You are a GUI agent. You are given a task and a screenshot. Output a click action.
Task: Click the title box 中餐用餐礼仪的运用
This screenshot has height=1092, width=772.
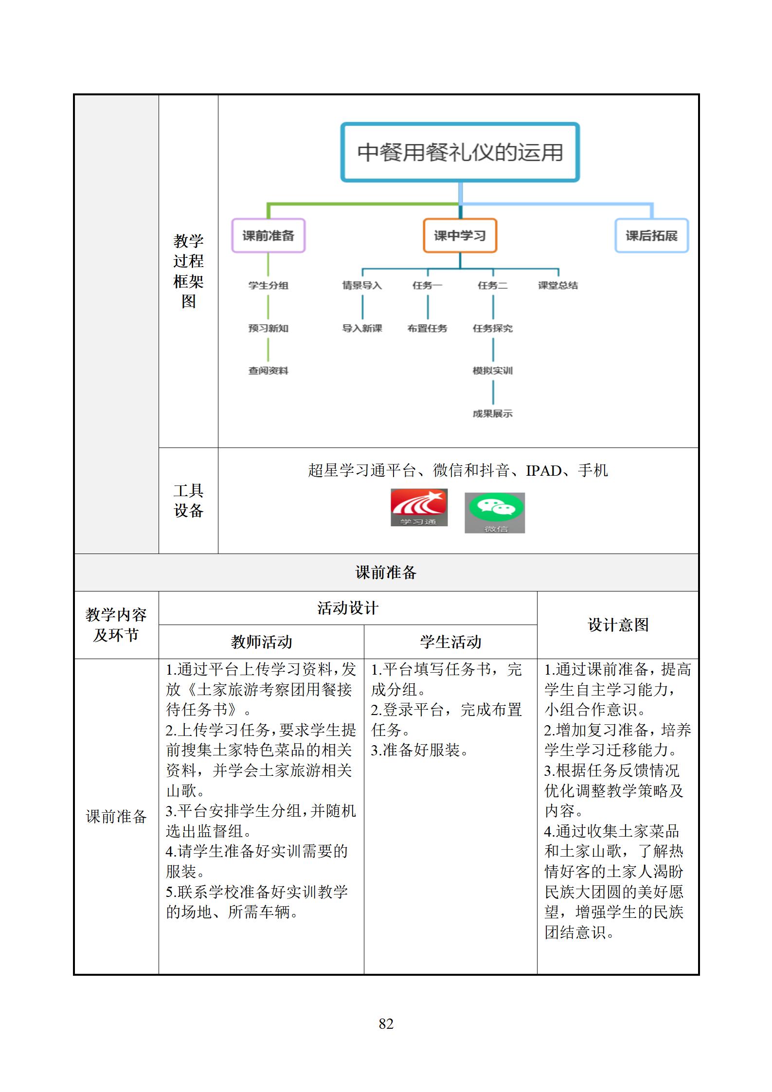tap(460, 152)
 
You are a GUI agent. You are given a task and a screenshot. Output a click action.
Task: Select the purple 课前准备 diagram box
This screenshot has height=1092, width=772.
tap(268, 235)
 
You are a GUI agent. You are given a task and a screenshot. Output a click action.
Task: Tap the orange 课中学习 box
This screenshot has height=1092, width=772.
tap(460, 235)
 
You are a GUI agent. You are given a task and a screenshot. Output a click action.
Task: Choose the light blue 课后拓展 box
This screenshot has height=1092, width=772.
tap(651, 235)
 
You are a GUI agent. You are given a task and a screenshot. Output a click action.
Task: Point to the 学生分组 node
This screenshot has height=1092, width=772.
tap(268, 286)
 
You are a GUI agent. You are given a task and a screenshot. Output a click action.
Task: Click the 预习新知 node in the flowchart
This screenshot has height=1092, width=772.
tap(268, 328)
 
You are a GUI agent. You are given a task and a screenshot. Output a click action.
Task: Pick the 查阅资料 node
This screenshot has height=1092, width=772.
tap(268, 371)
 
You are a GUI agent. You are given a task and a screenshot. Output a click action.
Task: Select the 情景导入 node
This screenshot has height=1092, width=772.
tap(362, 286)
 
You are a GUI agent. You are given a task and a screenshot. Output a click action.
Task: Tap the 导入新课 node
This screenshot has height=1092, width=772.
tap(362, 328)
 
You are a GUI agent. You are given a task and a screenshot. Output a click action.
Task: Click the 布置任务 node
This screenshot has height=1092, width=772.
tap(427, 328)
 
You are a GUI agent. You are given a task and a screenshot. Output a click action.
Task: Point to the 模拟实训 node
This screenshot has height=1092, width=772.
tap(492, 371)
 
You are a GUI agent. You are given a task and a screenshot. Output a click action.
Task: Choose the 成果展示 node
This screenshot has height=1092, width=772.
tap(492, 413)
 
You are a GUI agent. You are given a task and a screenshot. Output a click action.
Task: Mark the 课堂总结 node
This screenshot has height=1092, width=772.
tap(557, 286)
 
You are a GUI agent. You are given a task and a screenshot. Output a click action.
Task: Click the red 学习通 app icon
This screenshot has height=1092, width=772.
tap(419, 507)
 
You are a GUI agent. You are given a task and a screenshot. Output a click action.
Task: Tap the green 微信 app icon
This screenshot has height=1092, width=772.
tap(495, 513)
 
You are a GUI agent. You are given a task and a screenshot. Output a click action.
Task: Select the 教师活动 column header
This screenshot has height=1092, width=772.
tap(261, 642)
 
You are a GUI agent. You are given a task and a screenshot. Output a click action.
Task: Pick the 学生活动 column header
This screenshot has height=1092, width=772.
tap(450, 642)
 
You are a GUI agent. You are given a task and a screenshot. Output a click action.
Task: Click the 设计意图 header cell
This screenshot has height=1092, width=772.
tap(618, 625)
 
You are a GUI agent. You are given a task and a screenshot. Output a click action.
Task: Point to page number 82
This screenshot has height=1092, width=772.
tap(386, 1024)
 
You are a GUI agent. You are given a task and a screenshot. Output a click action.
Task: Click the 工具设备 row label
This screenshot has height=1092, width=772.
tap(188, 501)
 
